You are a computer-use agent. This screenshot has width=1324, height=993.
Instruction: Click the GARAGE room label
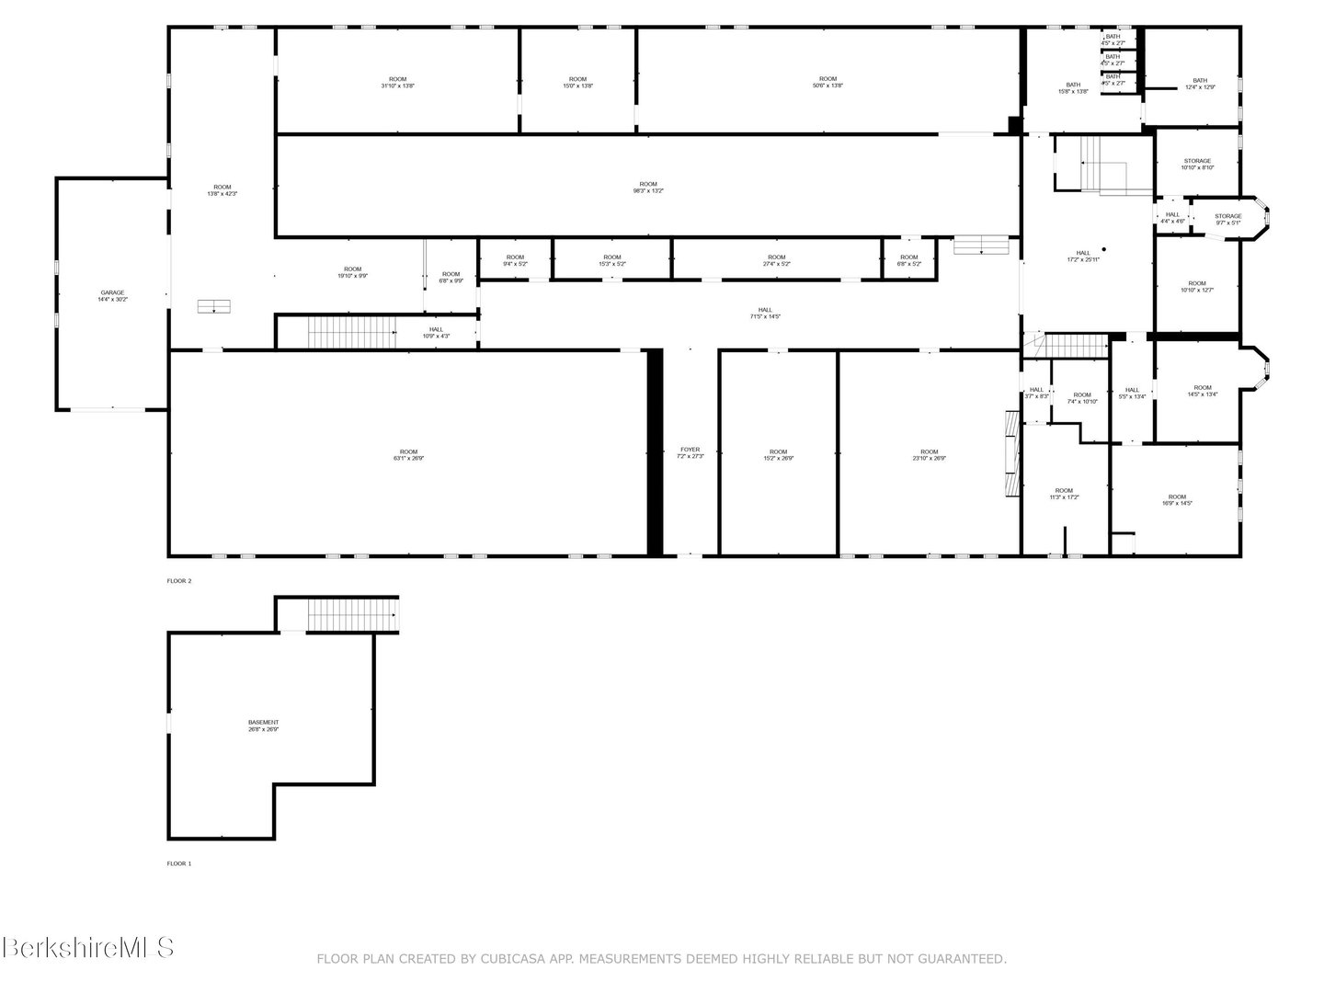click(x=112, y=296)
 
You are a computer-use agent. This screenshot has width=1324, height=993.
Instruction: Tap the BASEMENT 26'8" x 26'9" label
click(x=263, y=725)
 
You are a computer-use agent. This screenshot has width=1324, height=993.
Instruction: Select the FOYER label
click(x=690, y=452)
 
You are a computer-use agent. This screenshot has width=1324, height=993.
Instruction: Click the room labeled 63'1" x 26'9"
click(x=408, y=455)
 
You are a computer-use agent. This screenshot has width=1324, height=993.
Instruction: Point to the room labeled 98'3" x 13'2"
click(x=648, y=188)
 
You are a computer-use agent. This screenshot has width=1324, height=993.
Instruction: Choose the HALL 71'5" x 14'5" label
click(x=765, y=314)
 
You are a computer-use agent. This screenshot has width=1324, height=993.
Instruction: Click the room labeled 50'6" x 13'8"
click(x=827, y=82)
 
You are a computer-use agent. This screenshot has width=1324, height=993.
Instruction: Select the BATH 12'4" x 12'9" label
click(x=1200, y=84)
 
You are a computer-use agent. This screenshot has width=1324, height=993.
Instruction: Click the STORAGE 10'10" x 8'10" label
click(x=1197, y=164)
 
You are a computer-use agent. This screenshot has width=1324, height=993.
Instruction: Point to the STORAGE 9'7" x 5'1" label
click(x=1227, y=219)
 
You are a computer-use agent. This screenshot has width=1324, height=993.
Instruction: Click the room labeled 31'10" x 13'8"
click(x=397, y=82)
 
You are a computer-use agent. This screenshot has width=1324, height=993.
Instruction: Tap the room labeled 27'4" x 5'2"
click(x=776, y=260)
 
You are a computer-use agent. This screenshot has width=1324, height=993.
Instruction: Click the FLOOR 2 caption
click(x=179, y=581)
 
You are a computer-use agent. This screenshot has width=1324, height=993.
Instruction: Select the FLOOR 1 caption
click(x=179, y=863)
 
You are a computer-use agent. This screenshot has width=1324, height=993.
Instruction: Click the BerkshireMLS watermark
click(x=88, y=947)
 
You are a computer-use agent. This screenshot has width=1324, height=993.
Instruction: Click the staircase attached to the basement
click(x=351, y=614)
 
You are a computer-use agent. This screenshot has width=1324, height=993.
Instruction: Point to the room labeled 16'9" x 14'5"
click(x=1177, y=500)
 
